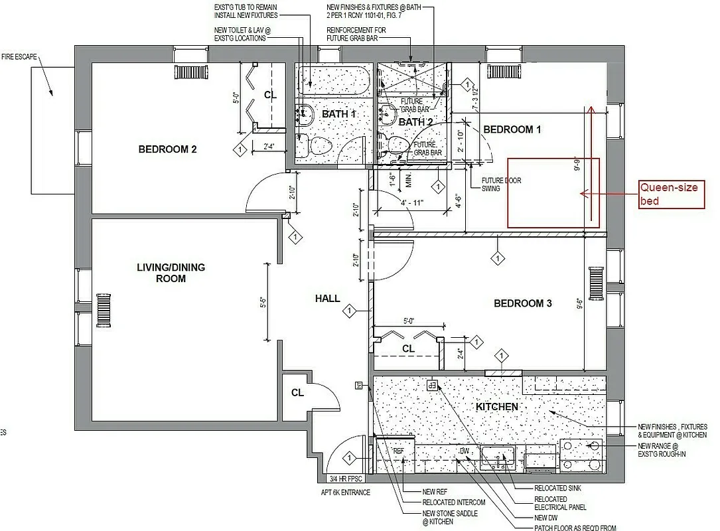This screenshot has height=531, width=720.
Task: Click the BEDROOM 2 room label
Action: click(167, 149)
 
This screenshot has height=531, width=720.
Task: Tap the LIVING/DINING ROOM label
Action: click(171, 273)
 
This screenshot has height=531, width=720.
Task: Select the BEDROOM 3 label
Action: click(523, 303)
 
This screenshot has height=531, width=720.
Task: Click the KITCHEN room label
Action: click(497, 406)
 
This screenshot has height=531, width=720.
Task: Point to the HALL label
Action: click(327, 299)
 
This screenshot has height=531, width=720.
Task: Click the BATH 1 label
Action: click(339, 114)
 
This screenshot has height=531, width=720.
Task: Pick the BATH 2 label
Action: click(415, 122)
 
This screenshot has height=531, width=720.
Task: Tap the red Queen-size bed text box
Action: click(671, 194)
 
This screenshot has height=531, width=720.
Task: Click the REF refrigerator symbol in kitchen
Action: click(398, 451)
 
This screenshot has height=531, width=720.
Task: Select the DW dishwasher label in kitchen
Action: click(465, 451)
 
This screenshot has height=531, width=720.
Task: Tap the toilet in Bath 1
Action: click(321, 144)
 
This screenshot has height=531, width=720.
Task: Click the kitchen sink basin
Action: click(498, 456)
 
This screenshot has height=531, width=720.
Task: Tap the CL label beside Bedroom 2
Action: click(270, 95)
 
